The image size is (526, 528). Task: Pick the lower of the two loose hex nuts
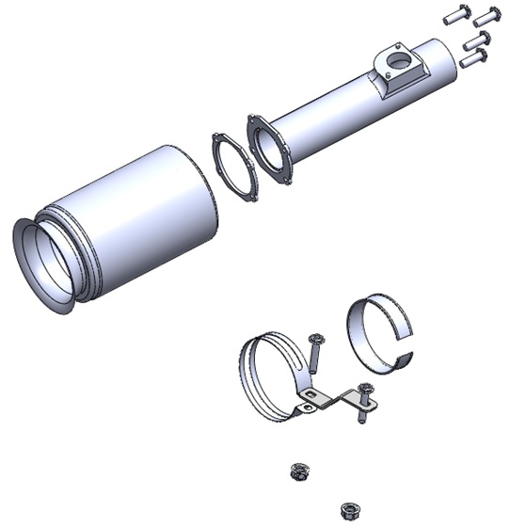click(349, 510)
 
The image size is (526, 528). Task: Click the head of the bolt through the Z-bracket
click(364, 389)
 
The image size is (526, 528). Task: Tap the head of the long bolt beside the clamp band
click(314, 338)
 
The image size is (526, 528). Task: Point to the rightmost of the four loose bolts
click(487, 17)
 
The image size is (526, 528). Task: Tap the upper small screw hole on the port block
click(401, 47)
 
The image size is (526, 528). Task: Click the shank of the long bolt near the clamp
click(311, 362)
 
